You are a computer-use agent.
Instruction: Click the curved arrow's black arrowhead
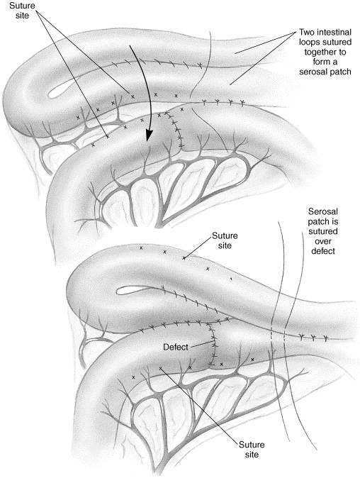point(148,135)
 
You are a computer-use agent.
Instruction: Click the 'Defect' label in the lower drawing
point(176,347)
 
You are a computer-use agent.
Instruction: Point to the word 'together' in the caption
point(325,52)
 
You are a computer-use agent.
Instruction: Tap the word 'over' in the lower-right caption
point(323,241)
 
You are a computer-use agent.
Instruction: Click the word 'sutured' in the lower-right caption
point(323,231)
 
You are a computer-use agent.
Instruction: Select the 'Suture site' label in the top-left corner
point(22,10)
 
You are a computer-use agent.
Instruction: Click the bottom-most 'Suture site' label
point(252,449)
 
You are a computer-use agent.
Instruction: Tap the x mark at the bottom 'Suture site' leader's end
point(160,368)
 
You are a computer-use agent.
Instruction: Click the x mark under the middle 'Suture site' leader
point(184,258)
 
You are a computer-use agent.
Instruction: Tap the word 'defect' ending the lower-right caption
point(323,251)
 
